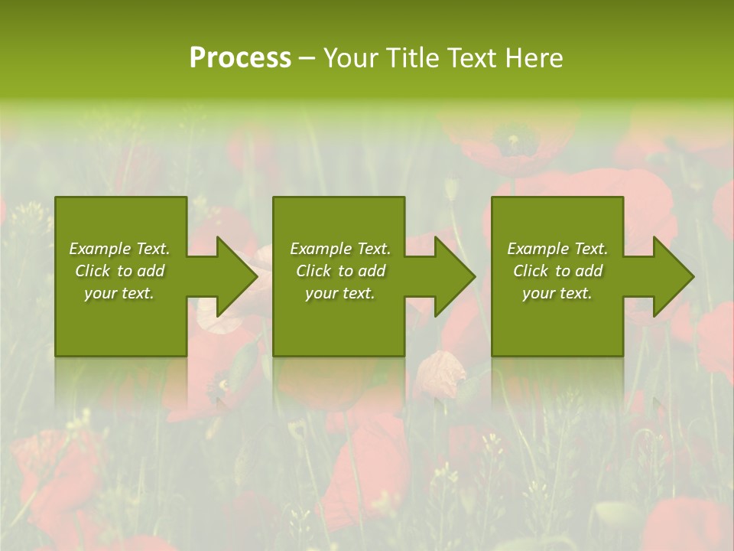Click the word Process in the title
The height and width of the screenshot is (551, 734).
[240, 58]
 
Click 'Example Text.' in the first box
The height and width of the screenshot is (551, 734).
[119, 249]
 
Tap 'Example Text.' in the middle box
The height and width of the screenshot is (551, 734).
[340, 249]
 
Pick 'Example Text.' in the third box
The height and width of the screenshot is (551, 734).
[557, 249]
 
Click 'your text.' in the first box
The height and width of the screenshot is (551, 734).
[119, 293]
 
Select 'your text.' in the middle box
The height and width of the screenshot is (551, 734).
[340, 293]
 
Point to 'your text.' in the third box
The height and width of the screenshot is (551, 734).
[557, 293]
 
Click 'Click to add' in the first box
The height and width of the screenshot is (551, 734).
[119, 271]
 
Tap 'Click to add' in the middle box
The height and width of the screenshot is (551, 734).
[340, 271]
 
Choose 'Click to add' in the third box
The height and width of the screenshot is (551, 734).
[557, 271]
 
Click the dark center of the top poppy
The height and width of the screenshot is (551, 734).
[509, 141]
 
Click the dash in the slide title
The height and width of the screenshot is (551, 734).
[307, 59]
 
